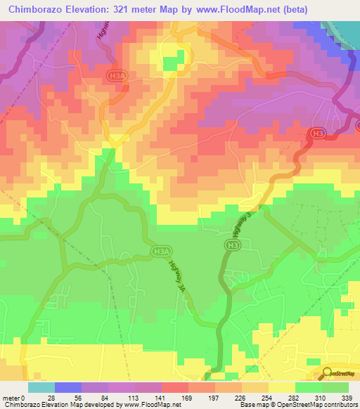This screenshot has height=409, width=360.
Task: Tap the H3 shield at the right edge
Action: click(x=319, y=131)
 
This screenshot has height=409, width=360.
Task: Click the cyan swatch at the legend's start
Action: click(x=41, y=387)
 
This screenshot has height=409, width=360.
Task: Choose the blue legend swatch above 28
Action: click(x=67, y=387)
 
